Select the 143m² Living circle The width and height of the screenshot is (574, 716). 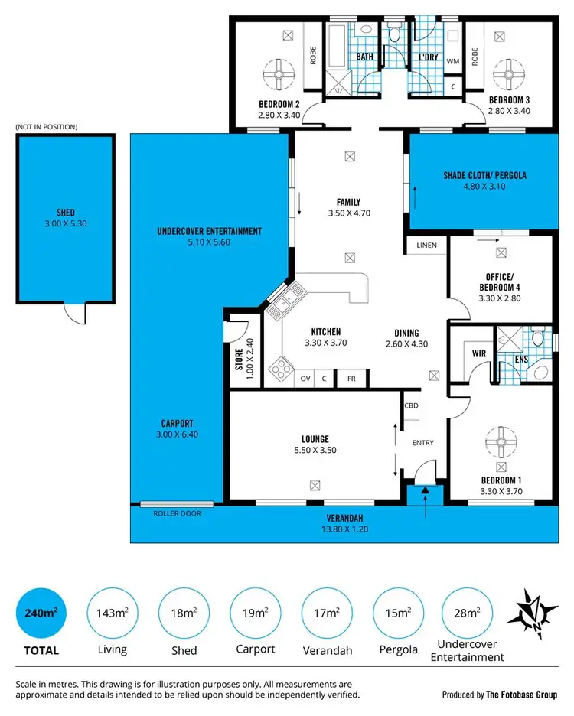point(113,612)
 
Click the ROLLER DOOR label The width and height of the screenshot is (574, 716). point(177,513)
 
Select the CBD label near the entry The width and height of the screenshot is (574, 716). point(411,406)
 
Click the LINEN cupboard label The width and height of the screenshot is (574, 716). point(426,246)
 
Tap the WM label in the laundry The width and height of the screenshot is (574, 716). point(452,61)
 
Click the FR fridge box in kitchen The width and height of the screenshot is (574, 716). point(351,378)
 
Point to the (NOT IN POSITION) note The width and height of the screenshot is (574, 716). point(47,127)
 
